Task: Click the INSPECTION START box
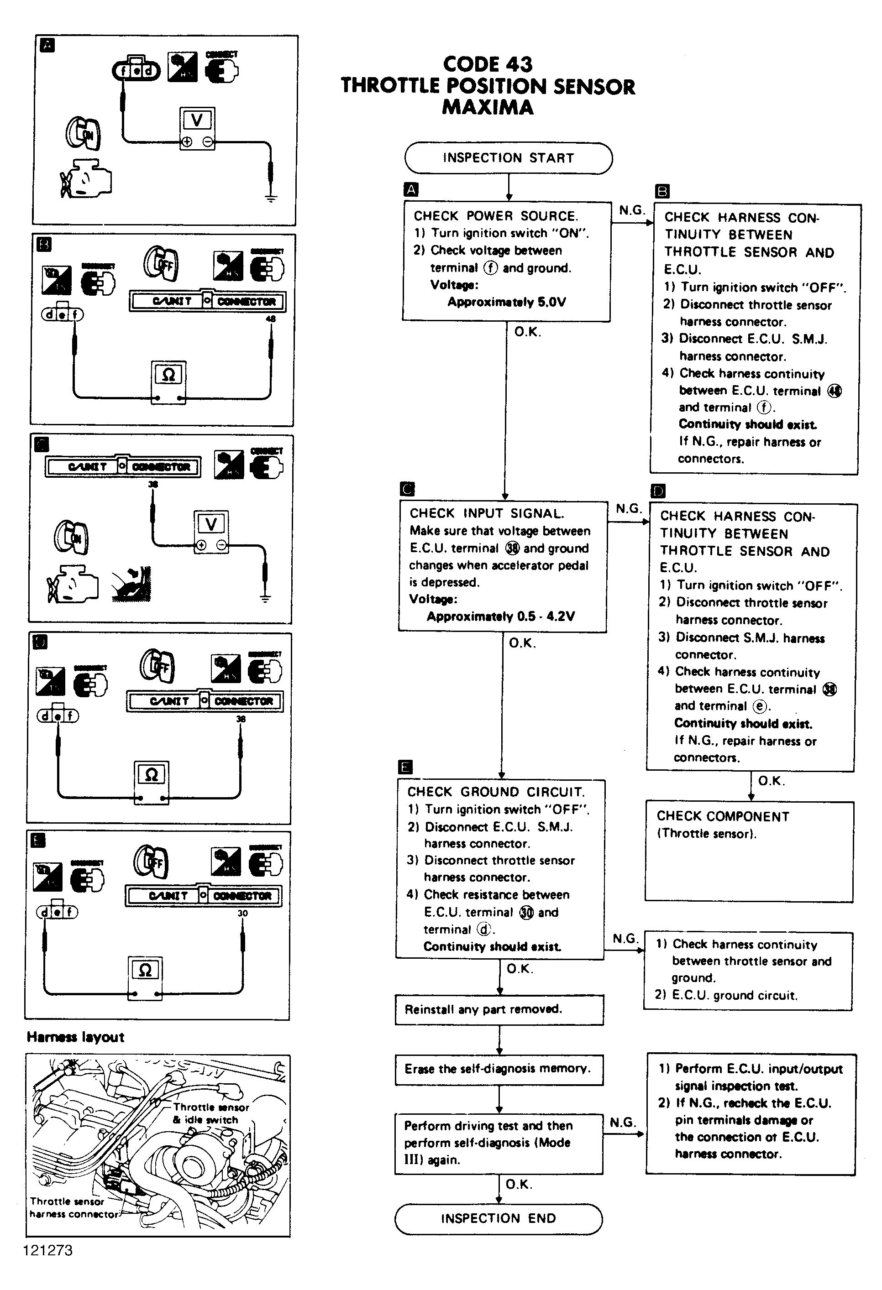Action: [508, 158]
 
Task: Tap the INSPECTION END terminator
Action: [498, 1218]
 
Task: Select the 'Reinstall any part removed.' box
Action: [499, 1009]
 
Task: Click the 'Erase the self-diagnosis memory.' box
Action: [499, 1069]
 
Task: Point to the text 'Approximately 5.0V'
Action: [507, 302]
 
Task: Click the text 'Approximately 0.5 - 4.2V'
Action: [500, 616]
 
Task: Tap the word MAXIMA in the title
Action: [488, 107]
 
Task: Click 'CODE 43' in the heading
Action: [488, 64]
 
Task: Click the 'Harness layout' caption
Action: [75, 1037]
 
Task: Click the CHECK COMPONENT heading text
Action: [723, 816]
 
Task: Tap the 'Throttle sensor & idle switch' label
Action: [210, 1113]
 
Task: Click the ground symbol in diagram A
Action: [270, 197]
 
